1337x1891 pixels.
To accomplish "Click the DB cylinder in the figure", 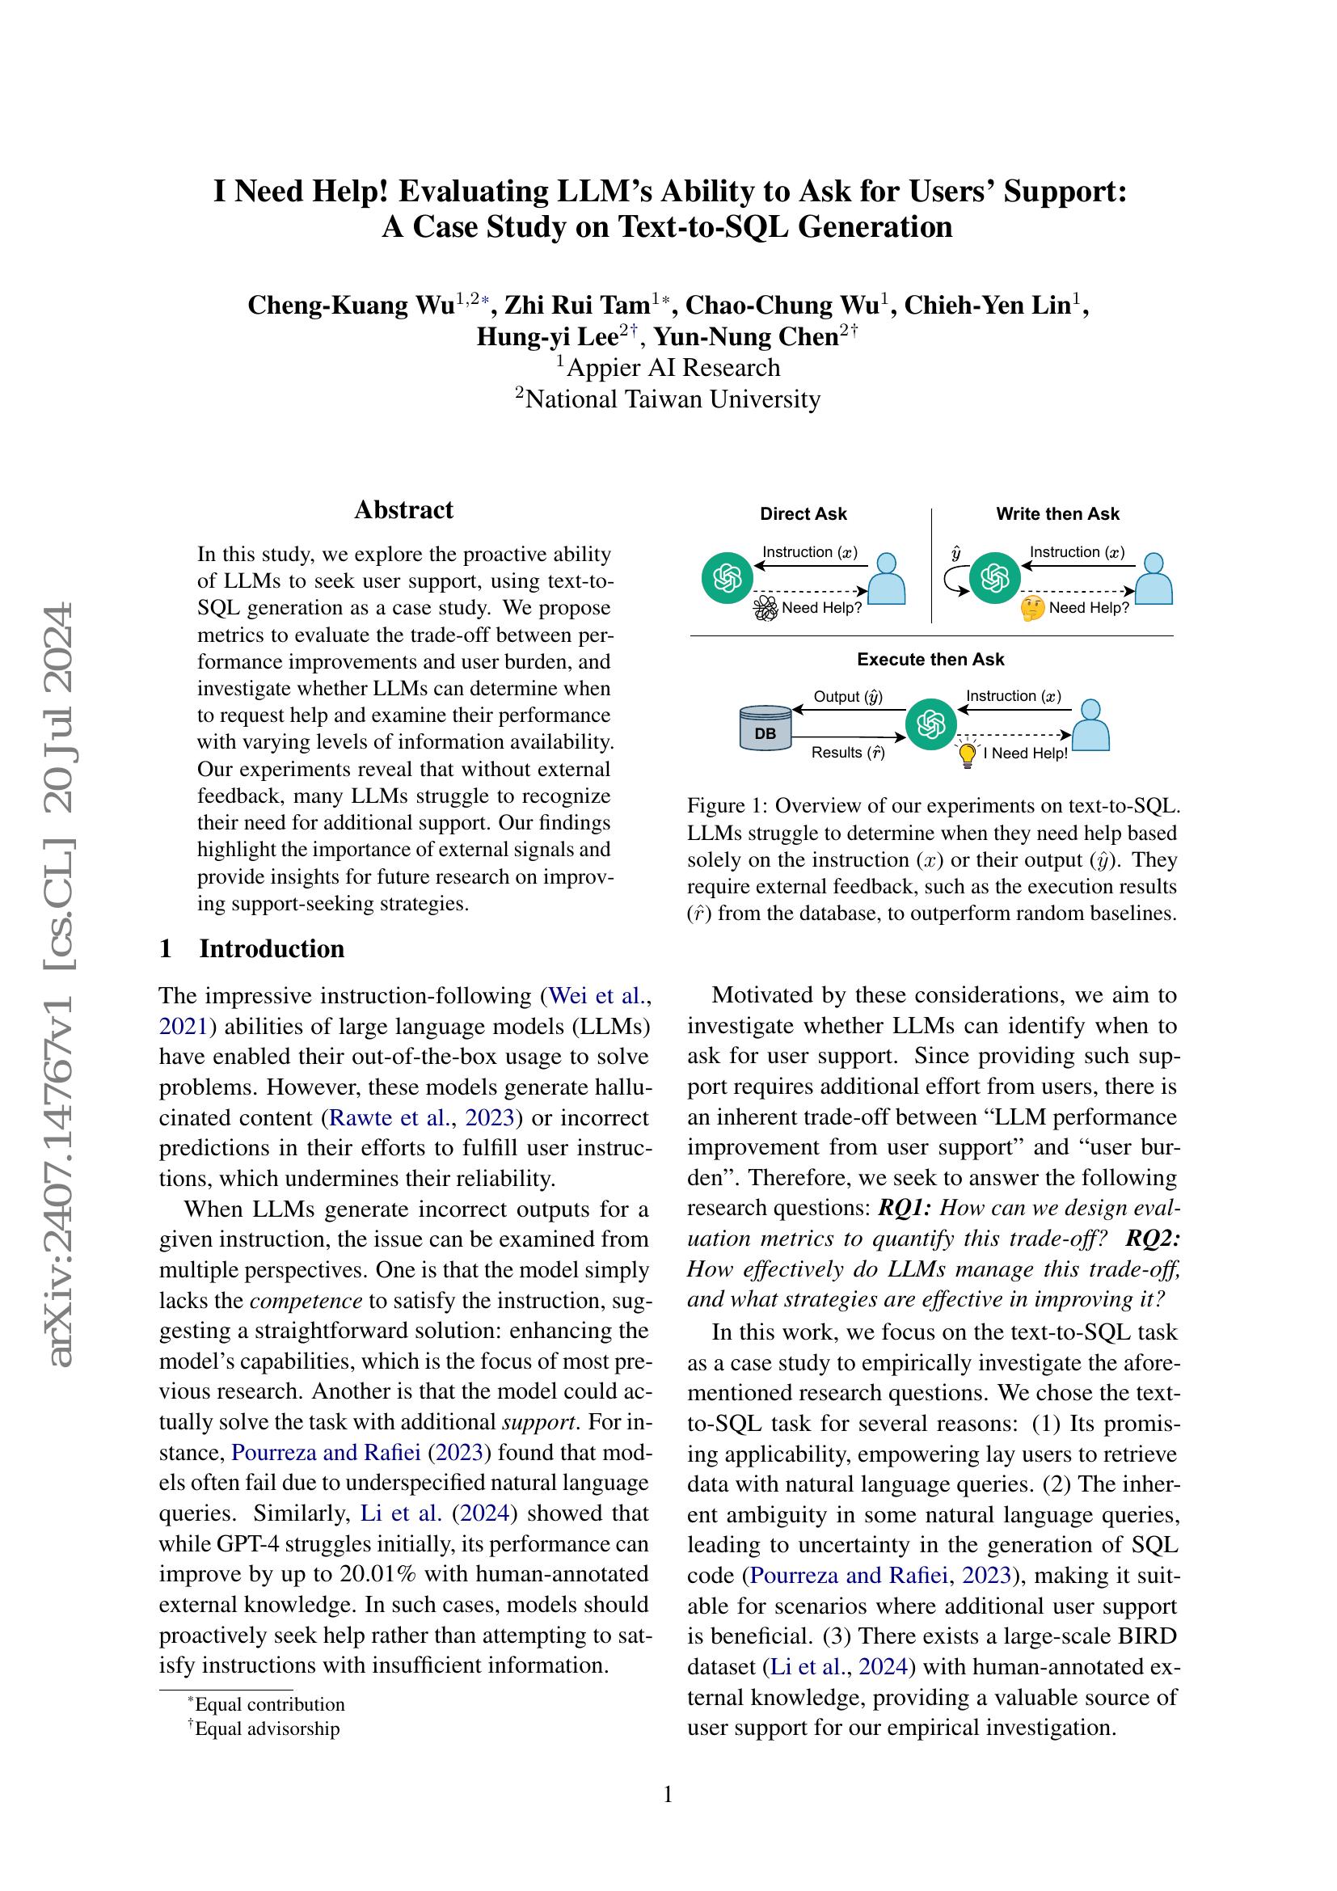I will click(765, 728).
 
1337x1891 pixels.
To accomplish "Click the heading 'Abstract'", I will click(403, 510).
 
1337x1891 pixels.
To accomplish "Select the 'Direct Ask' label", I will click(803, 514).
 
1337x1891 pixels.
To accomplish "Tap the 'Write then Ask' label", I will click(1057, 514).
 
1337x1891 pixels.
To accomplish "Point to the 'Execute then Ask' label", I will click(930, 659).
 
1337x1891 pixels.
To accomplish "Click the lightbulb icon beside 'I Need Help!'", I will click(968, 753).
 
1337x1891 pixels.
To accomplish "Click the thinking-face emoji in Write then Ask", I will click(1031, 609).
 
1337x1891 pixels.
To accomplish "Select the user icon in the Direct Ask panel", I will click(887, 579).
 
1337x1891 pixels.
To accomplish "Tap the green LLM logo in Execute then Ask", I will click(930, 724).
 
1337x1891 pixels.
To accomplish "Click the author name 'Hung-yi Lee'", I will click(547, 337).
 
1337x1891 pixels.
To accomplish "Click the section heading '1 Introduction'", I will click(252, 948).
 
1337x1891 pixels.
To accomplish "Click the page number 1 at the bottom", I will click(668, 1794).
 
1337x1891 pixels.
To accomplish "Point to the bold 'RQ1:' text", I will click(905, 1208).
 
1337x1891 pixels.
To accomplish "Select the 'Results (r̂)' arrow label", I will click(847, 752).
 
